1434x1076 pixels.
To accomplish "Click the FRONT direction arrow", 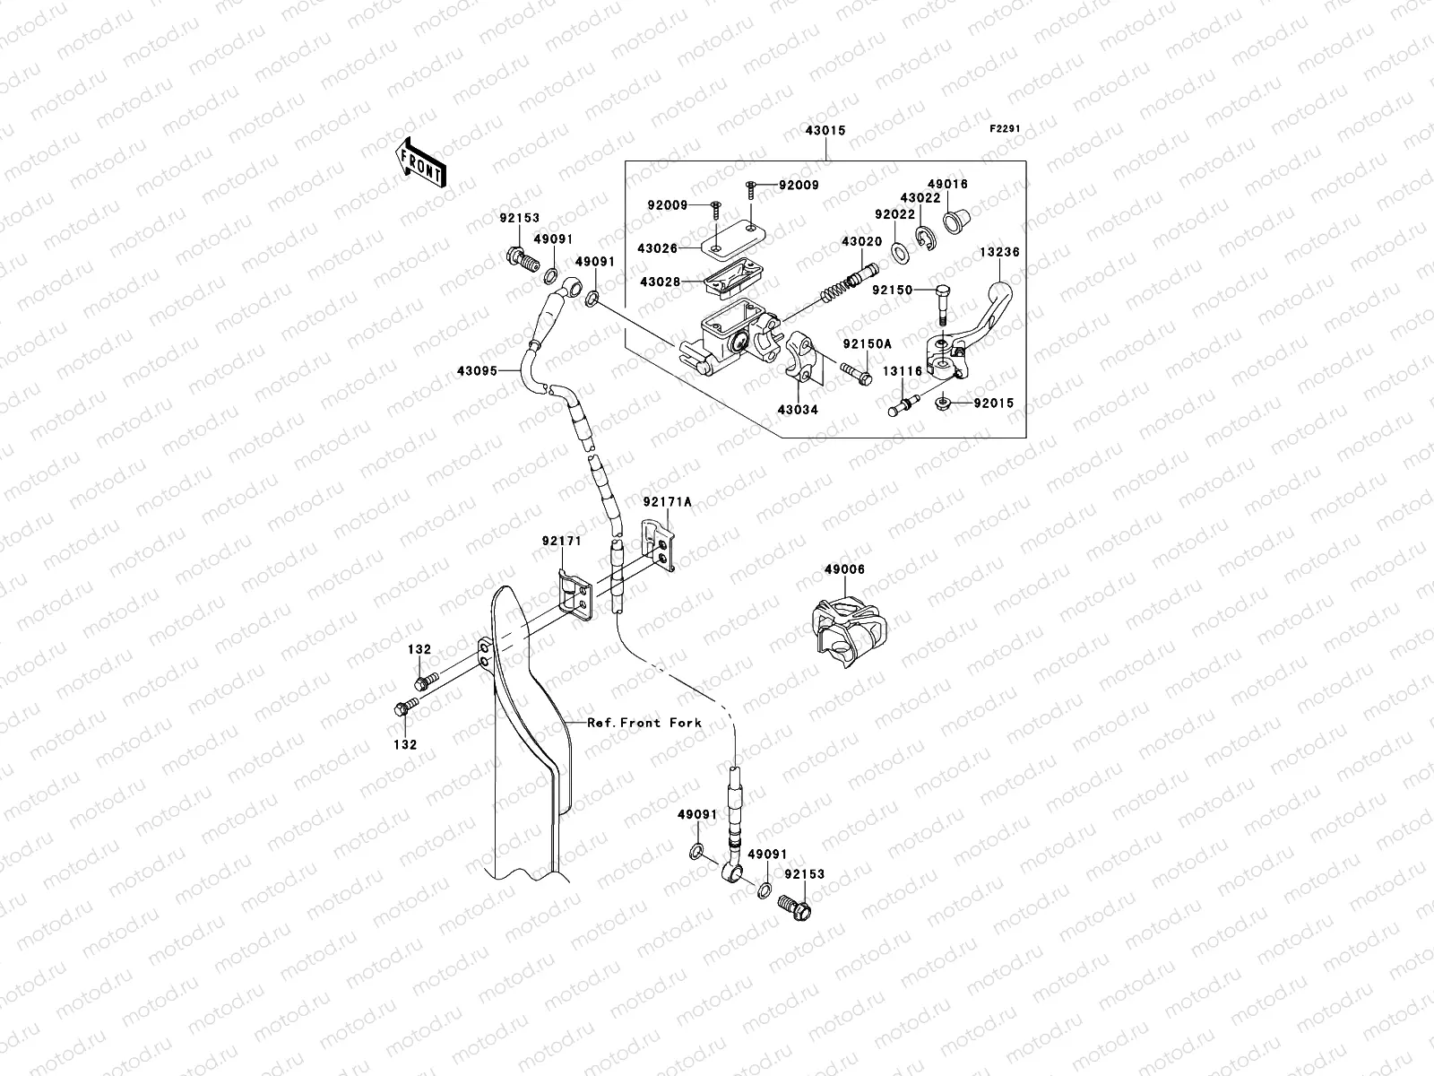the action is coord(420,162).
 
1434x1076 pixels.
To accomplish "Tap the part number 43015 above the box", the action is coord(825,131).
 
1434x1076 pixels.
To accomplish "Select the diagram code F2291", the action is coord(1004,129).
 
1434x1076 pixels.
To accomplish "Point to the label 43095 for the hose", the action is coord(477,371).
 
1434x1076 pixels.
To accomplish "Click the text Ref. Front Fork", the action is coord(644,723).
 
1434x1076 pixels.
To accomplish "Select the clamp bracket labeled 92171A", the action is coord(659,545).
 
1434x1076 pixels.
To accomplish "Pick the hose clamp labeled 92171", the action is coord(574,594).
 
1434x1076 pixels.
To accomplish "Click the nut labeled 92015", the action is coord(942,403).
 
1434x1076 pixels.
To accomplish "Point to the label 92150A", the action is coord(867,344).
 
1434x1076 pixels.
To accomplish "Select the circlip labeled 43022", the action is coord(926,239).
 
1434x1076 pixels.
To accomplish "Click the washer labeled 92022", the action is coord(900,253).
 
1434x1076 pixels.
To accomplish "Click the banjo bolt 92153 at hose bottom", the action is coord(795,907).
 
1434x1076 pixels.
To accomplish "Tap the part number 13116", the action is coord(903,371).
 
